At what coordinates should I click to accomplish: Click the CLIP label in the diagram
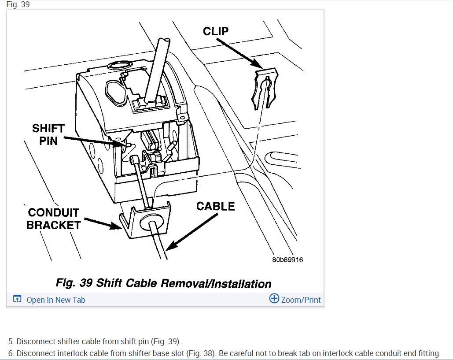(216, 31)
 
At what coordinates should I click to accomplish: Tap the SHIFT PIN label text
(48, 135)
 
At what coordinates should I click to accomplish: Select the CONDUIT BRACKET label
(53, 219)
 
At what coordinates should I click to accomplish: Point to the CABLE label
(215, 206)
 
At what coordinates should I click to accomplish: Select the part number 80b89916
(287, 259)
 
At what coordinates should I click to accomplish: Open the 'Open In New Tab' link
(55, 300)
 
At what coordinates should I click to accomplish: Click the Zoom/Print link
(301, 300)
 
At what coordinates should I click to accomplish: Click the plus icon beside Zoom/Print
(274, 299)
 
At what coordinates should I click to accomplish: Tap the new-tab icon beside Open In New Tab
(17, 300)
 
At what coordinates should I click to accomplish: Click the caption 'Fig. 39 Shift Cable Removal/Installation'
(163, 283)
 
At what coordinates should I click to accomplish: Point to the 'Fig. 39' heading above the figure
(18, 4)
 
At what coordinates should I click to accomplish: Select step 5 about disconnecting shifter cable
(95, 341)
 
